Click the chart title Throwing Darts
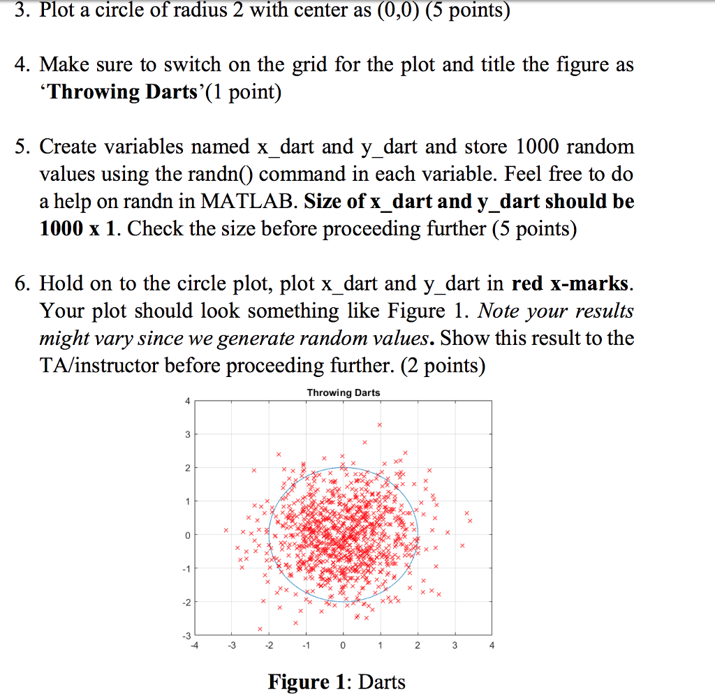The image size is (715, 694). [x=343, y=393]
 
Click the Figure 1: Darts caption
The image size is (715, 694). [x=336, y=681]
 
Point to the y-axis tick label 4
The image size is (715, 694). [x=186, y=401]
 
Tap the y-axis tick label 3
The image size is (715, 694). [x=186, y=435]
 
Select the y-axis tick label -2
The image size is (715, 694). [x=185, y=602]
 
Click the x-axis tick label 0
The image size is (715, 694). [x=343, y=646]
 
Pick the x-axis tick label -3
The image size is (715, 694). [x=232, y=646]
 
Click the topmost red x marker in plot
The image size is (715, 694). [x=380, y=424]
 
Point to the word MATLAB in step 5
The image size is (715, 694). [x=249, y=202]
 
